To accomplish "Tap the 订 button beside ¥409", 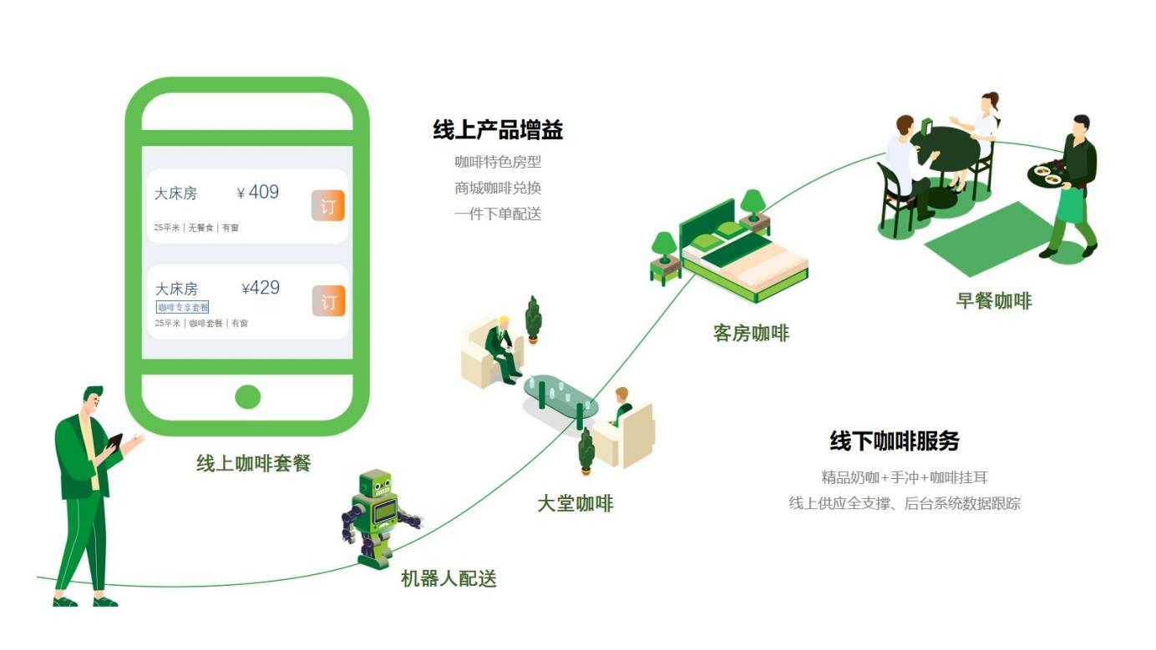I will (328, 206).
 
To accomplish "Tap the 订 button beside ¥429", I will (329, 301).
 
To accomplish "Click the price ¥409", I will (259, 193).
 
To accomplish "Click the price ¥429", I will (261, 288).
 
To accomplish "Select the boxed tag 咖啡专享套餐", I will (183, 308).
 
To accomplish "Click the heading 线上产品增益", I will (498, 130).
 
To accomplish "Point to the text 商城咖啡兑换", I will (498, 188).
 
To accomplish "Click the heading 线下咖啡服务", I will (895, 441).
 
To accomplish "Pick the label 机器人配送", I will (449, 578).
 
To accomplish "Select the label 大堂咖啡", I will (575, 504).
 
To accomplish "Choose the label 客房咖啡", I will (751, 334).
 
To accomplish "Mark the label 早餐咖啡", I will (993, 301).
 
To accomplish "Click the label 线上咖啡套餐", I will (253, 464).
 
